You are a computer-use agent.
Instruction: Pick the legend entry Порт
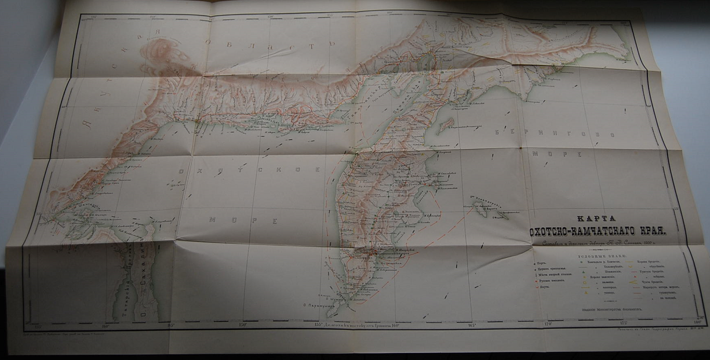541,263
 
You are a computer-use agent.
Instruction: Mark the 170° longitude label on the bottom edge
548,325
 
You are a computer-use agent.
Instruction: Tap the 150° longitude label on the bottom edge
242,325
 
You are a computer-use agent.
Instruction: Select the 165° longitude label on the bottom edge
471,325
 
